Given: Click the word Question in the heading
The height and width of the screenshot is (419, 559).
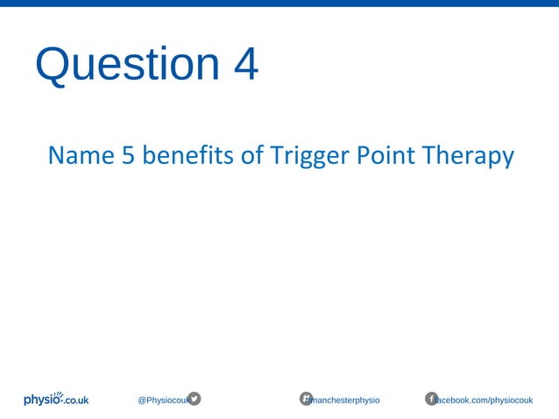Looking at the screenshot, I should [x=127, y=65].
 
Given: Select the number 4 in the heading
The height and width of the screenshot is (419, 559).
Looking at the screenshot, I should [x=246, y=65].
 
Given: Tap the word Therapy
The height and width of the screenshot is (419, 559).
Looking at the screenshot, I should [x=467, y=157].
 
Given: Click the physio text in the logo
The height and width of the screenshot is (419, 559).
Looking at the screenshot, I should [x=42, y=401].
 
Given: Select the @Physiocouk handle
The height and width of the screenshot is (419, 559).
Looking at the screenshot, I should [x=162, y=401].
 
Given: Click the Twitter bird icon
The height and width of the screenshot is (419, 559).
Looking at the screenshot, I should [x=195, y=399].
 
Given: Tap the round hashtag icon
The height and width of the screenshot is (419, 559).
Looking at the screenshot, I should [x=307, y=399].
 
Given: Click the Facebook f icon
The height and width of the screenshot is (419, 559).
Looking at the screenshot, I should [x=431, y=399].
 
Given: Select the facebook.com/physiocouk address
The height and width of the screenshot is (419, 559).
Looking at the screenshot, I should [x=486, y=401].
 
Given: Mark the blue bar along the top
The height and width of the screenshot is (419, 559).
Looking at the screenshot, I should [x=279, y=3].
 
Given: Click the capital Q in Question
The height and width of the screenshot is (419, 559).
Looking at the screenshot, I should [x=53, y=65].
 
